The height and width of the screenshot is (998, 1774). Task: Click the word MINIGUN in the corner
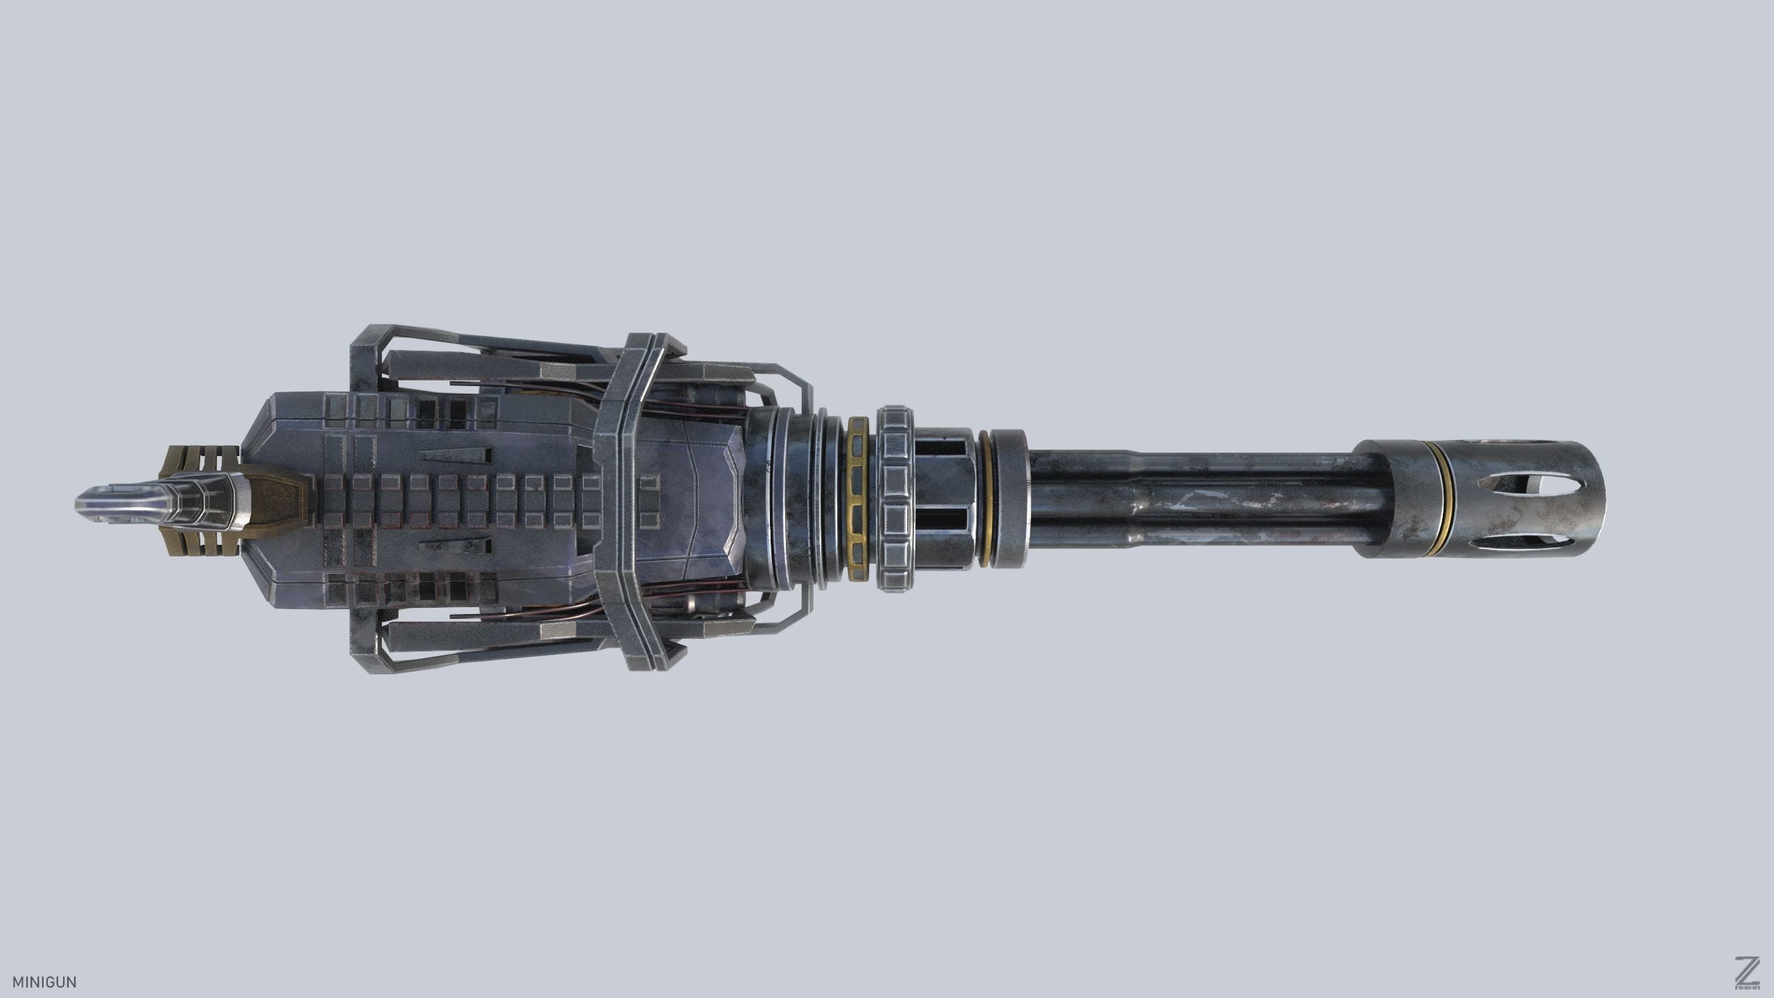tap(44, 982)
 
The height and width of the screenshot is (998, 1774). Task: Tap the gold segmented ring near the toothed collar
tap(859, 499)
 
